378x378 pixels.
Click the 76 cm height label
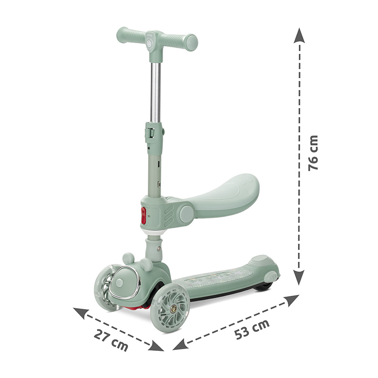click(313, 153)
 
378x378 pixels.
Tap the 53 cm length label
click(252, 329)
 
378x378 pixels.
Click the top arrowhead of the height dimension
click(299, 36)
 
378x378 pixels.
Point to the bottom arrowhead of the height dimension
click(299, 277)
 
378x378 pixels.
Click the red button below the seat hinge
click(144, 215)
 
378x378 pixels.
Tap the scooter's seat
click(217, 193)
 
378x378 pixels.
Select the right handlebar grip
click(181, 41)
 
